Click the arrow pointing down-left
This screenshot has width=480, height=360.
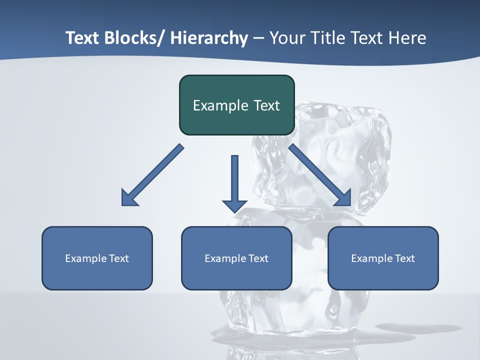(x=152, y=175)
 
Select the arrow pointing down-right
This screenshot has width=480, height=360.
(x=320, y=175)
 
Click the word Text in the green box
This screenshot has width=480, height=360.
(x=266, y=105)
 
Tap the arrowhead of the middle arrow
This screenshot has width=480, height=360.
(x=234, y=205)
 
